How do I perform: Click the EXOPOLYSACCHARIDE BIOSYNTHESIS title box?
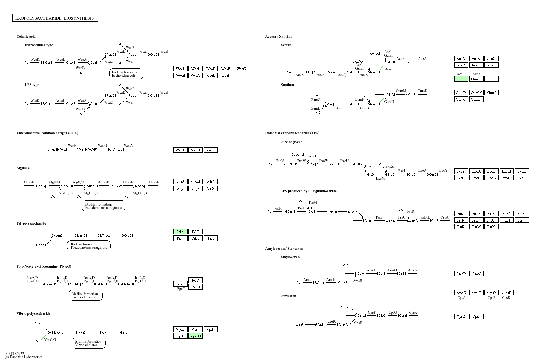(x=55, y=18)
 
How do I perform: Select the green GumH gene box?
(x=461, y=79)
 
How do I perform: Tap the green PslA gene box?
(x=180, y=232)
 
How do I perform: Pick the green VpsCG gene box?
(x=195, y=336)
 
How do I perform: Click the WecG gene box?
(x=195, y=150)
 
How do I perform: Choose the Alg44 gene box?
(x=195, y=182)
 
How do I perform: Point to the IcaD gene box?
(x=195, y=281)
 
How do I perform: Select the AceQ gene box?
(x=491, y=59)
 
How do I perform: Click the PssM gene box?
(x=476, y=227)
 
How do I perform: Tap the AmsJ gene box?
(x=476, y=274)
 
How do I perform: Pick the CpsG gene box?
(x=461, y=317)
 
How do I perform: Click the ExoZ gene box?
(x=521, y=171)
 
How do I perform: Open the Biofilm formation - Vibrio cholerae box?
(x=89, y=343)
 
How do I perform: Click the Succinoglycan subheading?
(x=291, y=142)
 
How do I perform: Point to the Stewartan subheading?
(x=288, y=296)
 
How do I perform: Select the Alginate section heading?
(x=23, y=168)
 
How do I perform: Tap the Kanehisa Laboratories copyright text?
(x=24, y=357)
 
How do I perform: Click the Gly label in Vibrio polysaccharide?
(x=37, y=323)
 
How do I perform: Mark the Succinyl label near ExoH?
(x=297, y=155)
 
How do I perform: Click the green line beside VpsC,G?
(x=43, y=338)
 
